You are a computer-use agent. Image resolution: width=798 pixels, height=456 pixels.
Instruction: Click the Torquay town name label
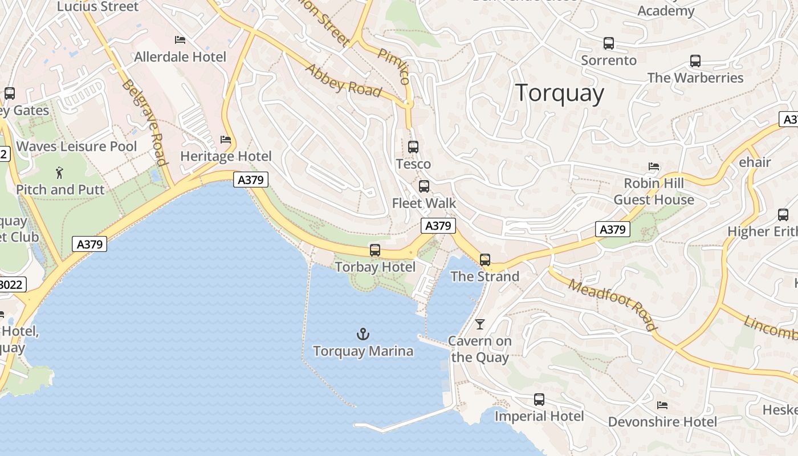point(559,93)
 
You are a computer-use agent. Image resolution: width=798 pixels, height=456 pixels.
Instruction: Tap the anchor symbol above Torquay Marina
point(363,333)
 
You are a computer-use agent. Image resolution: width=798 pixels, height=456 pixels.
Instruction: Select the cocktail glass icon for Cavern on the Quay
point(480,324)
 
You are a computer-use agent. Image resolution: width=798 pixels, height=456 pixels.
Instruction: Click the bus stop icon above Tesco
point(413,146)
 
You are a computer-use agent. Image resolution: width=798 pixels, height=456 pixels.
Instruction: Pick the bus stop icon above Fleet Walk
point(424,186)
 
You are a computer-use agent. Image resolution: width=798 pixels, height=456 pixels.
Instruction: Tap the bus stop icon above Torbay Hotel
point(374,250)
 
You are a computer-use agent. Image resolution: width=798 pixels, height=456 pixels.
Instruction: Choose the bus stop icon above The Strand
point(485,259)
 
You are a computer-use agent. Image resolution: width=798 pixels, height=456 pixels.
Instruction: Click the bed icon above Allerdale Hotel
point(180,40)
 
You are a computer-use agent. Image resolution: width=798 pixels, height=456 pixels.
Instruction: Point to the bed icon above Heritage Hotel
point(226,140)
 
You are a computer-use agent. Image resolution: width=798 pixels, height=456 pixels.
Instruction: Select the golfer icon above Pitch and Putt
point(60,172)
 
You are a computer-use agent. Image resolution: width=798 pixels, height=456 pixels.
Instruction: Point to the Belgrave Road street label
point(144,123)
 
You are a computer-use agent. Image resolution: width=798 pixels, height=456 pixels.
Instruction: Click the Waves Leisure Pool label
point(76,146)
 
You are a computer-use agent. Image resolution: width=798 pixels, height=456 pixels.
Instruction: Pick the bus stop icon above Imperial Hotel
point(539,399)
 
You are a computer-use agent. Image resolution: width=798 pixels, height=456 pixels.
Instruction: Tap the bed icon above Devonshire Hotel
point(662,405)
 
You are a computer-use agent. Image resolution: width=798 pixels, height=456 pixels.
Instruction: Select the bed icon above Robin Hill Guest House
point(654,166)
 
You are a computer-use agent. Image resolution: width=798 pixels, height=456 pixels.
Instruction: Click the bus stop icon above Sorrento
point(609,43)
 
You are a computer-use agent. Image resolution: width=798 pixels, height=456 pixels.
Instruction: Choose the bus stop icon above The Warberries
point(695,60)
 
